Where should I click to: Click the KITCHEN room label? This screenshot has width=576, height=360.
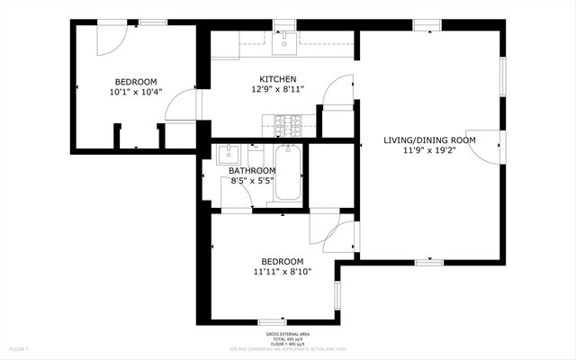[x=277, y=79]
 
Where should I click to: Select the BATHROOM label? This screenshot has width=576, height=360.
[x=251, y=170]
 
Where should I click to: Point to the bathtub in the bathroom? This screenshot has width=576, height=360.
[x=289, y=172]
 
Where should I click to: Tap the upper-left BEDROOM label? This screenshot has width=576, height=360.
[x=133, y=80]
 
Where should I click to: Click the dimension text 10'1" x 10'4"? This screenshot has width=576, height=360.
[x=133, y=91]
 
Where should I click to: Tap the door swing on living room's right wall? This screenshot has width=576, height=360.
[x=487, y=147]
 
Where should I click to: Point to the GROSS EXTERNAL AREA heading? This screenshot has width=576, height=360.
[x=288, y=332]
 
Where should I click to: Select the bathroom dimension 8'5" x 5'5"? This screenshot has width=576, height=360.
[x=251, y=180]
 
